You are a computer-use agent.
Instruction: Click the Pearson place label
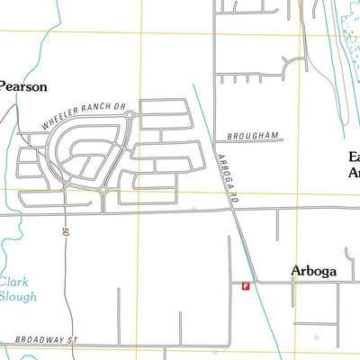coord(22,87)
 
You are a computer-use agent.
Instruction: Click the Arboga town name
coord(314,270)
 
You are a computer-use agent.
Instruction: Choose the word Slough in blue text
coord(18,296)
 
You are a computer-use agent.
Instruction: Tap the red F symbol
coord(245,285)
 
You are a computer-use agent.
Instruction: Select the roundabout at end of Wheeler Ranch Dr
coord(130,115)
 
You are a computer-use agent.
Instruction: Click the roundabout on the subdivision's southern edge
coord(103,191)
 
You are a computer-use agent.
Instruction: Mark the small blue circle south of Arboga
coord(316,338)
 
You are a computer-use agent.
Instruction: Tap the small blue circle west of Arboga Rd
coord(193,209)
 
